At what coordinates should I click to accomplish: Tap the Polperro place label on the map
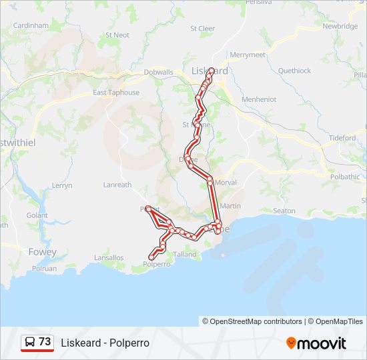click(x=157, y=264)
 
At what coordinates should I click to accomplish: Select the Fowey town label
click(x=43, y=252)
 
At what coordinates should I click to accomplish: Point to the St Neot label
click(x=117, y=35)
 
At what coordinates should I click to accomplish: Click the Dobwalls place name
click(x=159, y=72)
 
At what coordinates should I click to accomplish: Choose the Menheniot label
click(x=259, y=99)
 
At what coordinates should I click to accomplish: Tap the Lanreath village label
click(x=117, y=185)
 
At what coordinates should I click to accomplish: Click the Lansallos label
click(x=109, y=257)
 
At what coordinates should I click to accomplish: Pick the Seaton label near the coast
click(x=284, y=211)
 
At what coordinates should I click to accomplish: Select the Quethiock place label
click(x=294, y=71)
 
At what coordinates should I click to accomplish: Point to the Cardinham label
click(x=31, y=25)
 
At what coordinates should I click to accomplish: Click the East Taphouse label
click(x=116, y=93)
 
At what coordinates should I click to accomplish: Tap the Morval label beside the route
click(x=226, y=182)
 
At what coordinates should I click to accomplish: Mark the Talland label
click(x=185, y=254)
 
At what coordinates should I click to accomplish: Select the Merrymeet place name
click(x=247, y=55)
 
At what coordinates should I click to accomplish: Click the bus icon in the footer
click(x=30, y=343)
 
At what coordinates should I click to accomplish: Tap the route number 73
click(x=45, y=342)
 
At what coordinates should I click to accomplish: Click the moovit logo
click(x=316, y=343)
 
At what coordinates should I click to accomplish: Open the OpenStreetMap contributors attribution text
click(x=252, y=321)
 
